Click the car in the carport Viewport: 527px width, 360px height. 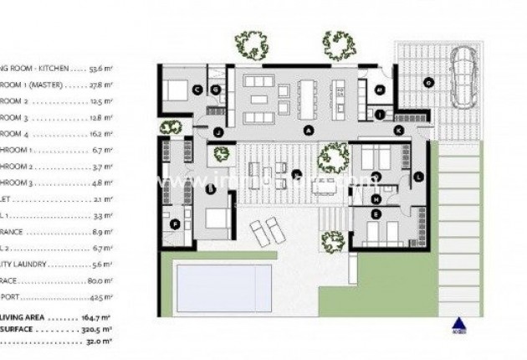click(x=463, y=77)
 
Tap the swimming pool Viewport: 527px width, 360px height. click(x=223, y=285)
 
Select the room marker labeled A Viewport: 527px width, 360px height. click(x=308, y=131)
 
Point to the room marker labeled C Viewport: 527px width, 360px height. click(x=197, y=89)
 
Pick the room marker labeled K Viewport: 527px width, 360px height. click(x=398, y=130)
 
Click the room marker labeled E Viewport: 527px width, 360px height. click(x=376, y=215)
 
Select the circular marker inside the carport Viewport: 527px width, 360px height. click(x=427, y=82)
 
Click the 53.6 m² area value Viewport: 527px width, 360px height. click(x=103, y=69)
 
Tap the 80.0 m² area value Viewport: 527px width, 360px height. click(x=100, y=282)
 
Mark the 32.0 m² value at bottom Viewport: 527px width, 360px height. click(x=100, y=342)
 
